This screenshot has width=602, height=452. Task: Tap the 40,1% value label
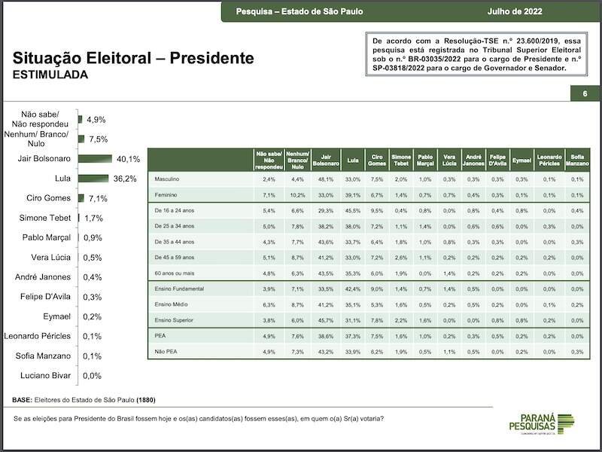(128, 159)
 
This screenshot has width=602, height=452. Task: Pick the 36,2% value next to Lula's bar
(123, 179)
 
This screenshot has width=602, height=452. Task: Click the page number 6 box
(584, 94)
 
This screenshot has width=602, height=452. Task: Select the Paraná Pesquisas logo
(544, 424)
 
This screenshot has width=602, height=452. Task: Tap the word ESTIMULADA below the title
(50, 75)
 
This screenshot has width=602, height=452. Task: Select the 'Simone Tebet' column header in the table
(401, 158)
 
